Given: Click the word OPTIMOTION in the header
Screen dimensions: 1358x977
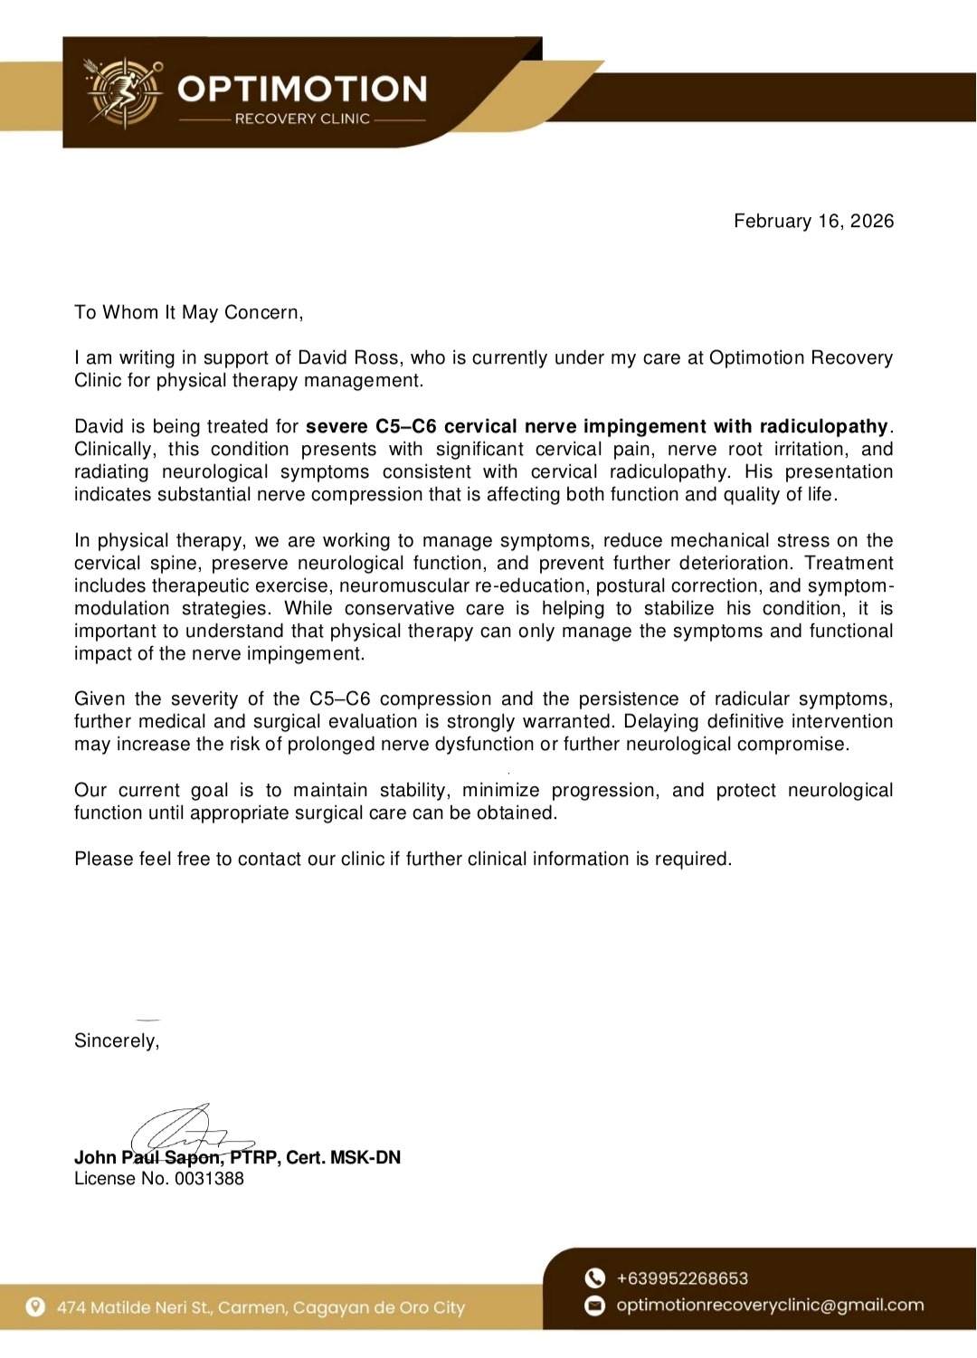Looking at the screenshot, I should click(302, 89).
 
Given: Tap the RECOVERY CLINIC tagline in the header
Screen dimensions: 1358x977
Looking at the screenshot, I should click(302, 119).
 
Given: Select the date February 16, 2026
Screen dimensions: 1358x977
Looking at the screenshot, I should click(813, 222).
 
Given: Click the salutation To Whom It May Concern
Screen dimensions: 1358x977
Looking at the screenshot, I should click(188, 313).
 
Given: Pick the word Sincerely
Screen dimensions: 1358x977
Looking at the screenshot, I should click(116, 1041).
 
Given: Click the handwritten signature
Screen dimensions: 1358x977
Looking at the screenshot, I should click(190, 1131).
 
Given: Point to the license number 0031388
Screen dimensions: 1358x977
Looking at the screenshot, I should click(209, 1179).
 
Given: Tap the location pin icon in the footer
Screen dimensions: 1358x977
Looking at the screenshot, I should click(35, 1307).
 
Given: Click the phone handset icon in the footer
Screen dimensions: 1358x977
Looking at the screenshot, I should click(594, 1278).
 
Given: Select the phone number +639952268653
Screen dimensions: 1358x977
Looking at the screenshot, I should click(682, 1278).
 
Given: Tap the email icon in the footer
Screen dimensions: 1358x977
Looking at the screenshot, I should click(594, 1306).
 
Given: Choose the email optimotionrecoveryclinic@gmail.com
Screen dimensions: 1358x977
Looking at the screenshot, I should click(770, 1306).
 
